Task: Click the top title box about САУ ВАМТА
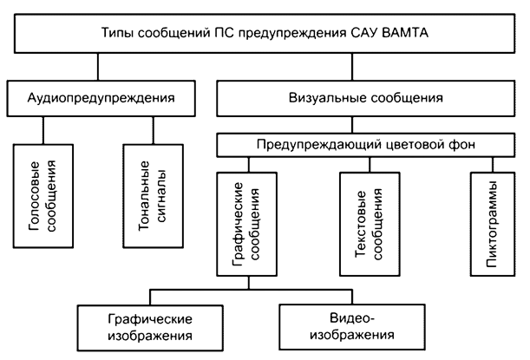(264, 34)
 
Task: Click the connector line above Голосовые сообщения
(42, 129)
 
